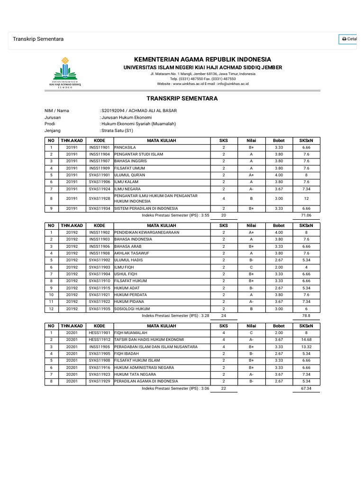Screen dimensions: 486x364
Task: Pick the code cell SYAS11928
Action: [x=100, y=198]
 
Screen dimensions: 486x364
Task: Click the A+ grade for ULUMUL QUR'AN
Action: [x=251, y=174]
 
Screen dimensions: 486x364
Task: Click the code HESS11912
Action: [x=100, y=339]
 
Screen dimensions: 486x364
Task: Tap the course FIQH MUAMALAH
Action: [x=130, y=333]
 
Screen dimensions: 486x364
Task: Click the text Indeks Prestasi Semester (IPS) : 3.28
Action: [x=176, y=315]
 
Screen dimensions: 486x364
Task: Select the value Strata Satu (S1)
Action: [x=117, y=130]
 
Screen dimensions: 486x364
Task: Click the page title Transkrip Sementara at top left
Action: [x=38, y=39]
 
